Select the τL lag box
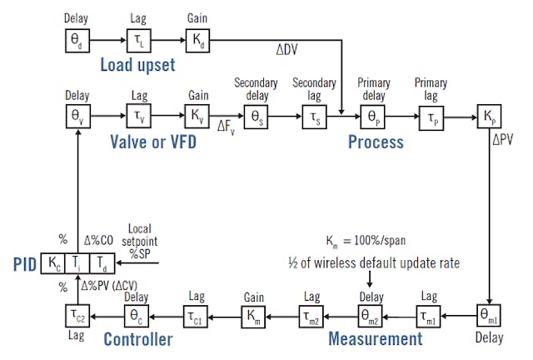(137, 39)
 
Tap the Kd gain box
(198, 39)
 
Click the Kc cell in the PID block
(54, 264)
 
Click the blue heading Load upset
(137, 64)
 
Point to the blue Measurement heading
(376, 339)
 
